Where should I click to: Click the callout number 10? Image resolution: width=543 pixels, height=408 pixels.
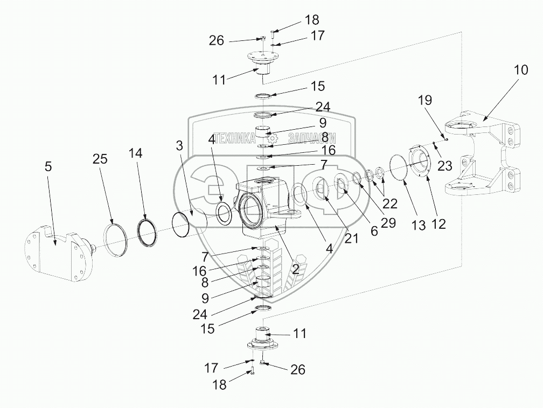[521, 71]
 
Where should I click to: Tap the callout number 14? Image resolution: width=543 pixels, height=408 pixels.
[136, 153]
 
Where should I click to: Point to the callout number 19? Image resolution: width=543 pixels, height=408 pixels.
[424, 100]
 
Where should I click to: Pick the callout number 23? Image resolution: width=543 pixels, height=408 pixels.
[444, 166]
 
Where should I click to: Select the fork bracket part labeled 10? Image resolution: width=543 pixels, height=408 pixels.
[482, 156]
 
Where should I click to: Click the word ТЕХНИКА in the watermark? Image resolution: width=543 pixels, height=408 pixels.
[235, 138]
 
